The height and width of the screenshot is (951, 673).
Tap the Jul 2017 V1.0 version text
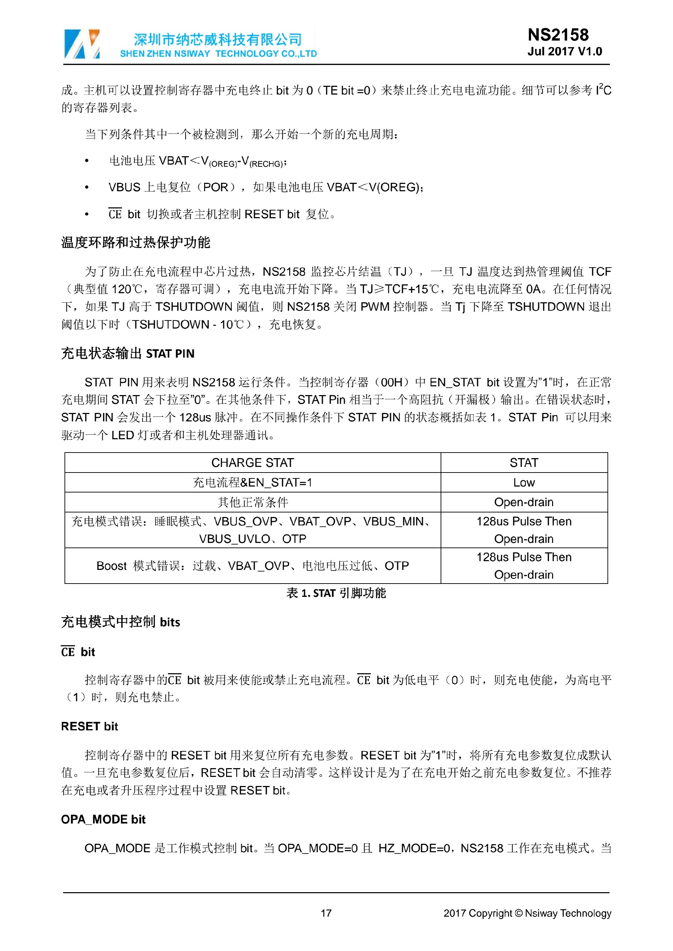564,52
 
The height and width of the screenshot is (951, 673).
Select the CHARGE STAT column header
252,463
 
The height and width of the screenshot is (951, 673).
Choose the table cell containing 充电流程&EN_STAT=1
252,483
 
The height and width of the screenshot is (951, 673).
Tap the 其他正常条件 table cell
252,502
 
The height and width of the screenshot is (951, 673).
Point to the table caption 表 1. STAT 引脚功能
336,593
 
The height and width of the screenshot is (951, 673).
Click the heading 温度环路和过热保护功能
136,242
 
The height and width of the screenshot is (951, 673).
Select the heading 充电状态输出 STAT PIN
128,353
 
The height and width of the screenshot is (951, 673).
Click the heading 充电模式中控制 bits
121,622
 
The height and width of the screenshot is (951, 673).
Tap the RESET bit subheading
89,726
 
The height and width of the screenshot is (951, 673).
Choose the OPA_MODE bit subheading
103,819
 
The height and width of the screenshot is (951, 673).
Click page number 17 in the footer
326,913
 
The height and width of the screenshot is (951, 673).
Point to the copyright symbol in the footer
518,913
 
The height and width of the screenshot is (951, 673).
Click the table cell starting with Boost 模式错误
252,566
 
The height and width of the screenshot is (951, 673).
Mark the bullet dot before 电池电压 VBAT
87,161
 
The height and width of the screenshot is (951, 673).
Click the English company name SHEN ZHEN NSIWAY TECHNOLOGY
218,54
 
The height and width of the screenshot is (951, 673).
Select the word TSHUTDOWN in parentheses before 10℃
170,324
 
